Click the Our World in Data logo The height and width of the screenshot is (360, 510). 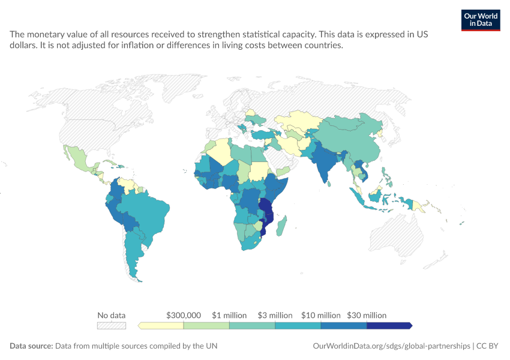click(x=481, y=20)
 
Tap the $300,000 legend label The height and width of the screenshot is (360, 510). click(x=184, y=315)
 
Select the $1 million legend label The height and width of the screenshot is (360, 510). click(x=229, y=315)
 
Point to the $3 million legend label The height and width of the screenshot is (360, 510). click(x=275, y=315)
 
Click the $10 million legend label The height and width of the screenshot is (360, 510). click(x=321, y=315)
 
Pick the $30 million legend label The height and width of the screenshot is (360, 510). click(x=367, y=315)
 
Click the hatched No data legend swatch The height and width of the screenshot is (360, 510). click(x=112, y=326)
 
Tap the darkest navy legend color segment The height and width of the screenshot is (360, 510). click(x=389, y=326)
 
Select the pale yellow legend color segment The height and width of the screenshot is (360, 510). click(x=161, y=326)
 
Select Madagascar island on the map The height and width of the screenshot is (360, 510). click(x=281, y=226)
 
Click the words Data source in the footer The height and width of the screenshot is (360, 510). click(x=31, y=346)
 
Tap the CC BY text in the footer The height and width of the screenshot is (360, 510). click(x=487, y=346)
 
